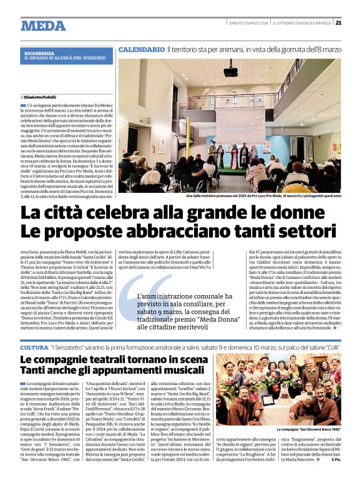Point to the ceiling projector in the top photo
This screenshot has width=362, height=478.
tap(230, 72)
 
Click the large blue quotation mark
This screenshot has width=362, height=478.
tap(152, 294)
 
